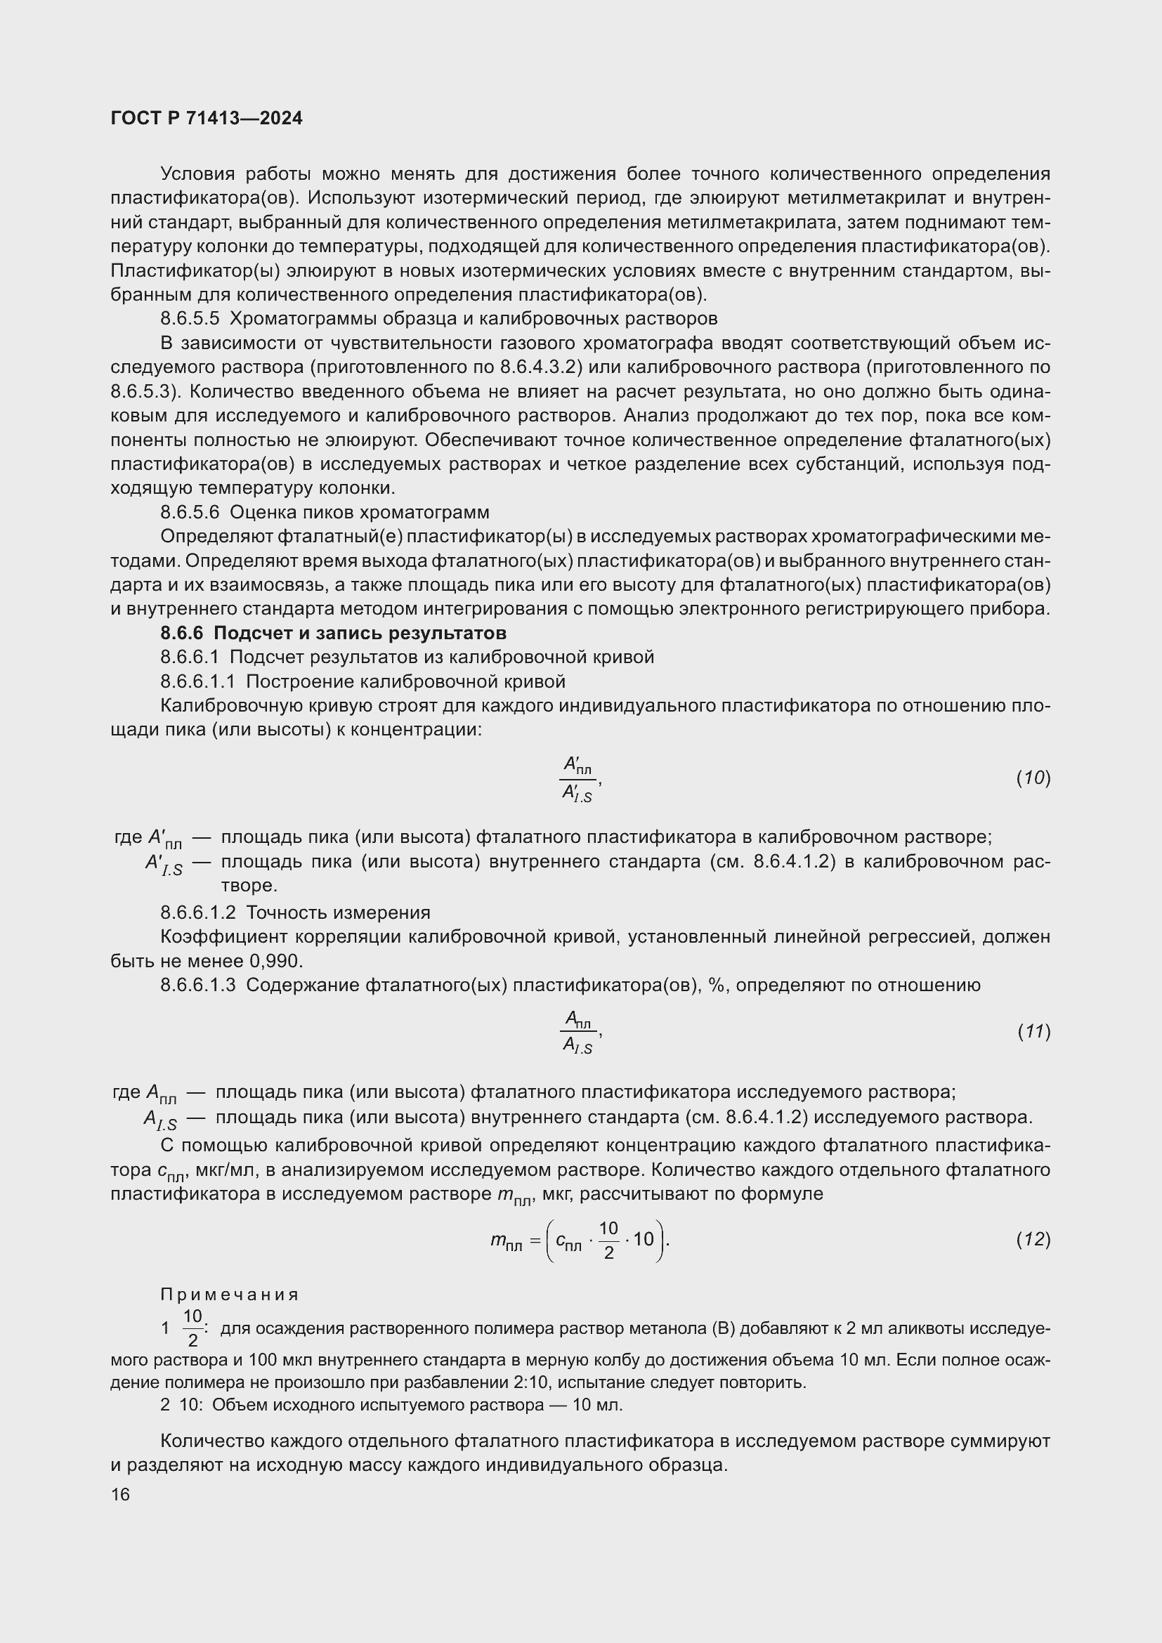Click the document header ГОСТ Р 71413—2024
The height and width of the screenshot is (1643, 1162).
(207, 118)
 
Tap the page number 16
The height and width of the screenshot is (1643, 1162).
(120, 1495)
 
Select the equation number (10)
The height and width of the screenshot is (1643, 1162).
(1033, 778)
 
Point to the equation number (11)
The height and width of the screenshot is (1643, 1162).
(1033, 1032)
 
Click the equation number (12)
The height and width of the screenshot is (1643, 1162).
(1033, 1239)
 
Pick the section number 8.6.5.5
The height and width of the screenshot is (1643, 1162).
(190, 318)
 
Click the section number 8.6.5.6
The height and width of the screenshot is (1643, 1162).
(190, 512)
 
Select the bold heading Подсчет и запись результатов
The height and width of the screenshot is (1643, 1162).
(360, 634)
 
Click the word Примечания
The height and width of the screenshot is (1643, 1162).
(229, 1295)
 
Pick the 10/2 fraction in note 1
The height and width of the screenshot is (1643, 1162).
(192, 1328)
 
